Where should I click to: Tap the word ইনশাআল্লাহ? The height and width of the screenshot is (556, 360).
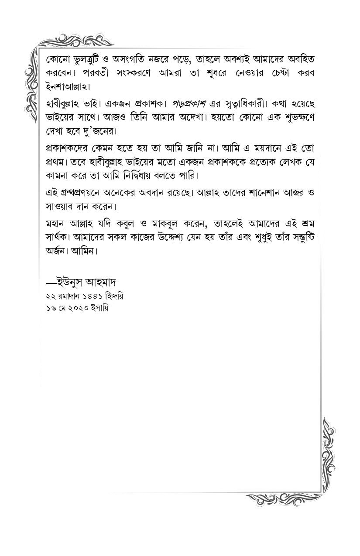click(67, 85)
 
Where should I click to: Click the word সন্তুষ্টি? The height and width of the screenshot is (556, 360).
click(296, 238)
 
